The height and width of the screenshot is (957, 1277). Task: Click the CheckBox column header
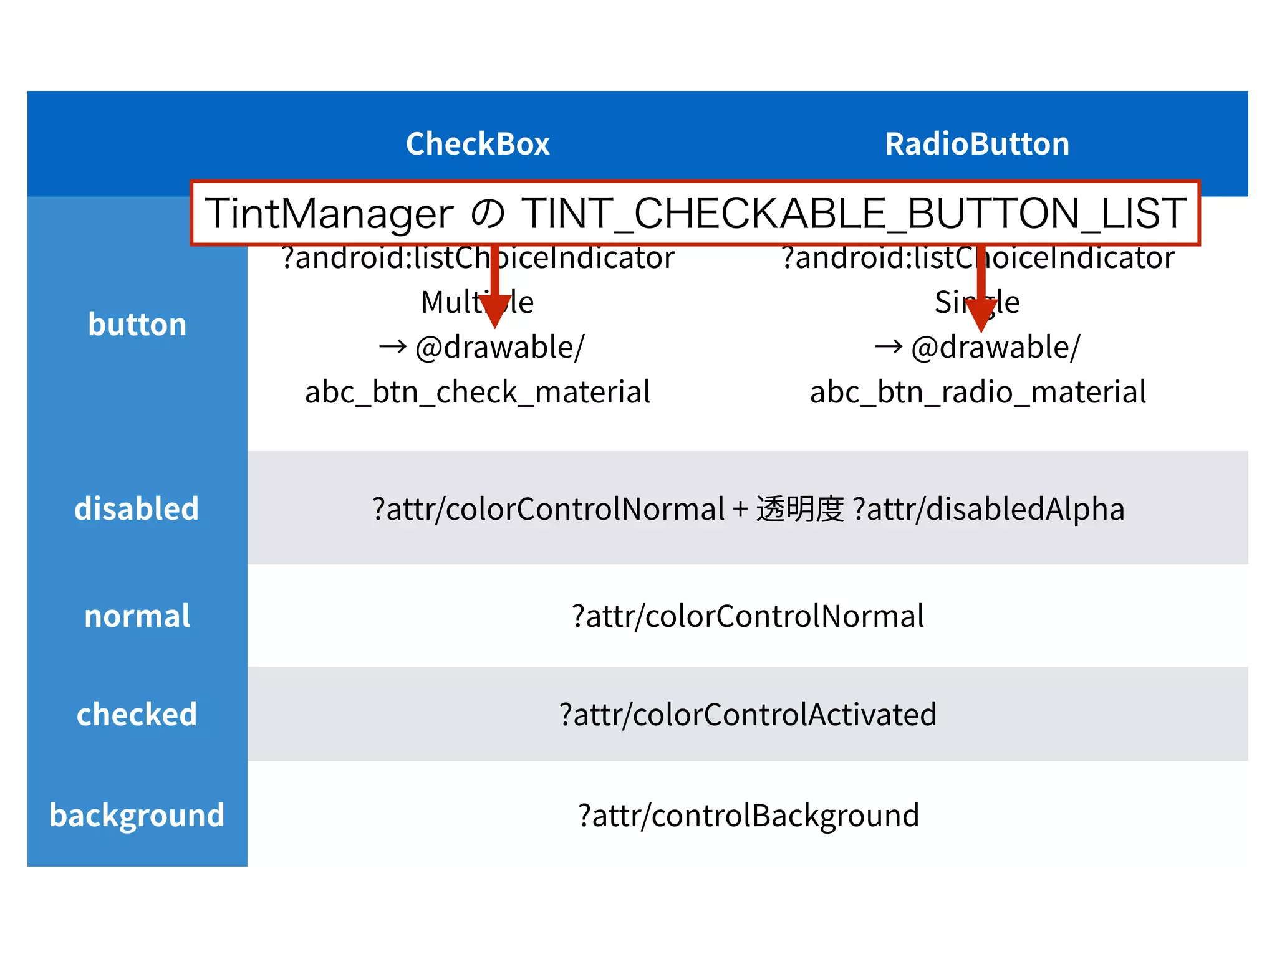pos(478,144)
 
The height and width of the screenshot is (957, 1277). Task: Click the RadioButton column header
pos(977,144)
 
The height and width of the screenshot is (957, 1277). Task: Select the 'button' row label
pos(137,325)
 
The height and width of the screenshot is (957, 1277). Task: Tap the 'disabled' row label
pos(137,508)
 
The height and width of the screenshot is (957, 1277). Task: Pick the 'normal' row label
pos(137,616)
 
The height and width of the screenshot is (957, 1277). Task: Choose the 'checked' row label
pos(137,714)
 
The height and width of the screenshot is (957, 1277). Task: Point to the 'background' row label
pos(137,816)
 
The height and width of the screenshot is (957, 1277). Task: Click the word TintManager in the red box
pos(329,214)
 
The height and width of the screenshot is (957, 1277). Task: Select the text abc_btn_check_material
pos(478,393)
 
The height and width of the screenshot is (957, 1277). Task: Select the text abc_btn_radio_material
pos(978,393)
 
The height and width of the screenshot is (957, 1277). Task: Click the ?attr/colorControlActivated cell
pos(748,715)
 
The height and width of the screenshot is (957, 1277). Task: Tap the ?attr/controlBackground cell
pos(748,816)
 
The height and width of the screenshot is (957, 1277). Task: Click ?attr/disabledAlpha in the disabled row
pos(988,509)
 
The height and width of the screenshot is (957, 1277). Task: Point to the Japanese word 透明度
pos(800,509)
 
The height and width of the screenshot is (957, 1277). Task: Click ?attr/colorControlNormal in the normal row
pos(748,616)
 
